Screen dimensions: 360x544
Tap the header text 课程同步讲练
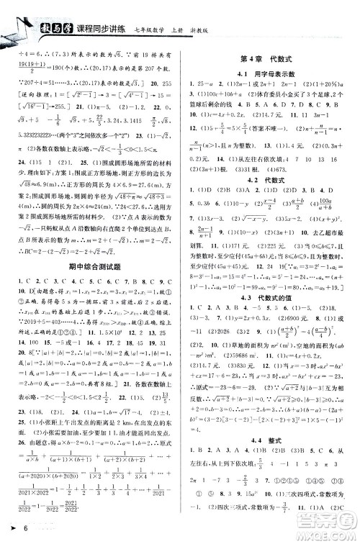coord(96,31)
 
